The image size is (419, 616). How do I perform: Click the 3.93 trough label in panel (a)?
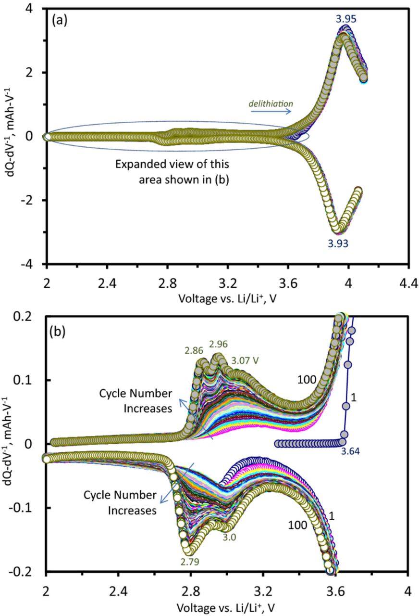coord(338,244)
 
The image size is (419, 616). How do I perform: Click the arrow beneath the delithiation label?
coord(271,112)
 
